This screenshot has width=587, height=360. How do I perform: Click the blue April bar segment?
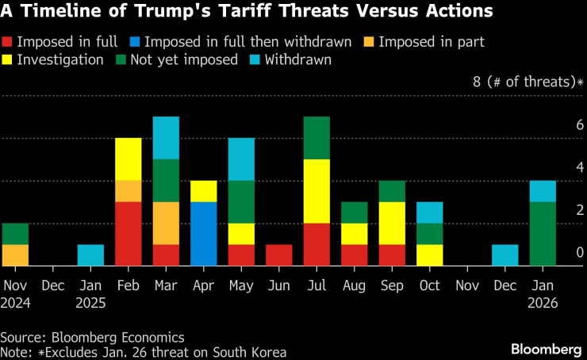[203, 234]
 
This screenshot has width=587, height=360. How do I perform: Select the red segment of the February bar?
[128, 234]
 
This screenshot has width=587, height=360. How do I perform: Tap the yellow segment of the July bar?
[317, 191]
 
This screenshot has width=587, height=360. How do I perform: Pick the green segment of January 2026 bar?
[543, 234]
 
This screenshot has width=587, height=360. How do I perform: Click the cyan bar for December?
[505, 255]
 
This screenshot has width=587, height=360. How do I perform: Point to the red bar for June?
[278, 255]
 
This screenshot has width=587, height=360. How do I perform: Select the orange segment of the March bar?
[166, 224]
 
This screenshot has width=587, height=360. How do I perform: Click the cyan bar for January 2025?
[90, 255]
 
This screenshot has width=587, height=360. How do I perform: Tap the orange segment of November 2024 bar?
[15, 255]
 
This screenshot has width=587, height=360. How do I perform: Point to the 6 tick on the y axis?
[579, 125]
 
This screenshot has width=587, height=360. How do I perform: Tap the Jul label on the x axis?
[317, 285]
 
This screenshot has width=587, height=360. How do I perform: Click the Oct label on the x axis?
[429, 285]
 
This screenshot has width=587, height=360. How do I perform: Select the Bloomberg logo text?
[546, 349]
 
